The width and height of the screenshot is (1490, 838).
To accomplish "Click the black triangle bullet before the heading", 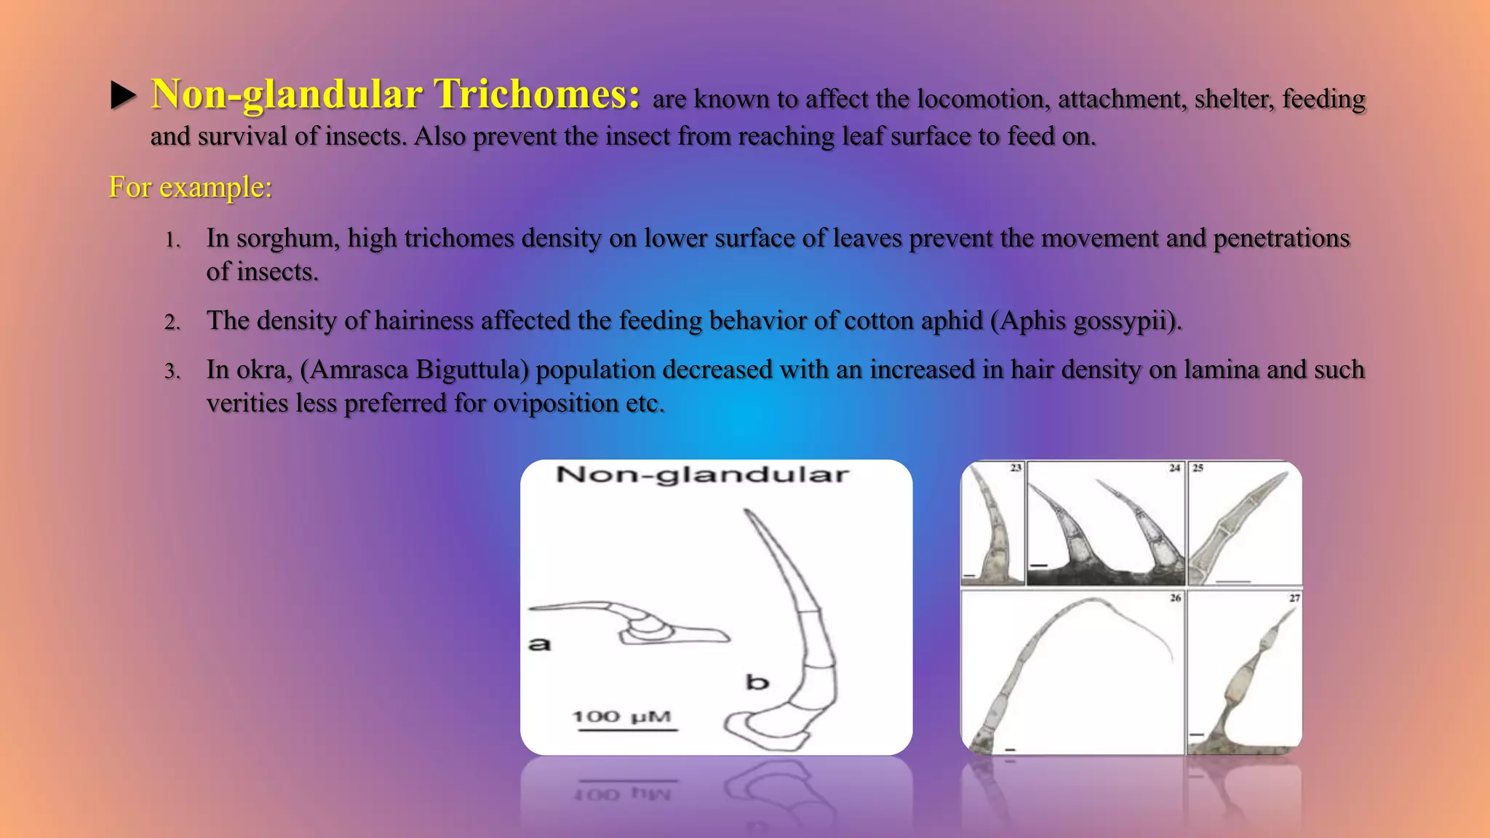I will (124, 95).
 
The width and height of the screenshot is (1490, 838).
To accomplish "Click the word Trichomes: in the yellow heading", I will (537, 95).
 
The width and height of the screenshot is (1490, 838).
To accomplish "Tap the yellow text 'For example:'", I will (190, 187).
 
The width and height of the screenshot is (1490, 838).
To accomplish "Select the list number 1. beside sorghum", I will (172, 240).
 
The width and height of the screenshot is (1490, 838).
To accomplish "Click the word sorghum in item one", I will (287, 239).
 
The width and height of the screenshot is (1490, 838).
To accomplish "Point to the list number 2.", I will (172, 322).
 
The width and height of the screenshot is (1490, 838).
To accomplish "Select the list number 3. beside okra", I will (172, 372).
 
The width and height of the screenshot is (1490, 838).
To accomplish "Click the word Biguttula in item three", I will (472, 370).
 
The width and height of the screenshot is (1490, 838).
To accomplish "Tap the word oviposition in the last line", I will (555, 403).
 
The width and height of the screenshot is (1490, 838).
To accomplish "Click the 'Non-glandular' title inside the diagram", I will (702, 475).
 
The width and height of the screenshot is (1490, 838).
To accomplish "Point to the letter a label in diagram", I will (539, 644).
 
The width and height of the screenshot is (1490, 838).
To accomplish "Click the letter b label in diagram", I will (757, 682).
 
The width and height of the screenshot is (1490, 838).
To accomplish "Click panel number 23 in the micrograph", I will (1016, 468).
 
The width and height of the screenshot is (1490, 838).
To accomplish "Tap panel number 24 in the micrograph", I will (1174, 468).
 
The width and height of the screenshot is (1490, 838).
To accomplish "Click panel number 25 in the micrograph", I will (1198, 468).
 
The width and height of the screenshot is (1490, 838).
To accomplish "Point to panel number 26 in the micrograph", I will (1175, 597).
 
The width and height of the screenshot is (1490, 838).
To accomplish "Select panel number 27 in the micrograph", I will (1294, 597).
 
